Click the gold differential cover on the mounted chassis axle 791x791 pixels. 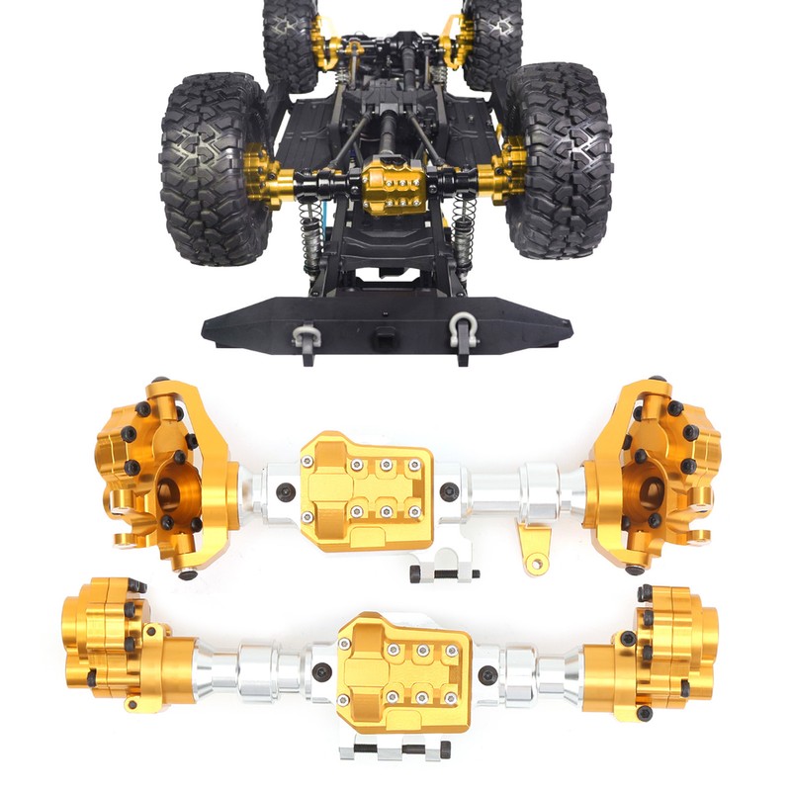[x=395, y=187]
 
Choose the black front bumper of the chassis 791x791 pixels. [x=386, y=322]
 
